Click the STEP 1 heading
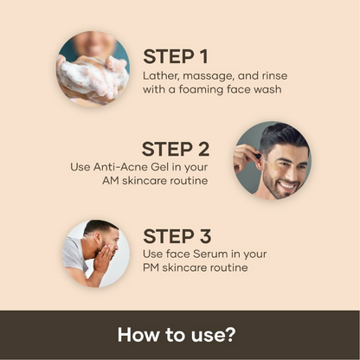pos(176,57)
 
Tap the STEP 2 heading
pos(176,149)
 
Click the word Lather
pos(161,75)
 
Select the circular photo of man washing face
pos(96,253)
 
